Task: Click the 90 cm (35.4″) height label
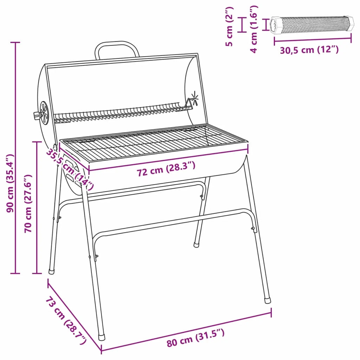tap(10, 183)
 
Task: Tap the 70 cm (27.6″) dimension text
tap(28, 204)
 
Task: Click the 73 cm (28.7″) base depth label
tap(66, 321)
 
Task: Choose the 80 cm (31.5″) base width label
tap(195, 337)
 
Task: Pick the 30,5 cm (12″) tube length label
tap(309, 50)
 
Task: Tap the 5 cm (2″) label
tap(229, 26)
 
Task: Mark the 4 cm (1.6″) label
tap(254, 29)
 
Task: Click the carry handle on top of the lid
tap(117, 43)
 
